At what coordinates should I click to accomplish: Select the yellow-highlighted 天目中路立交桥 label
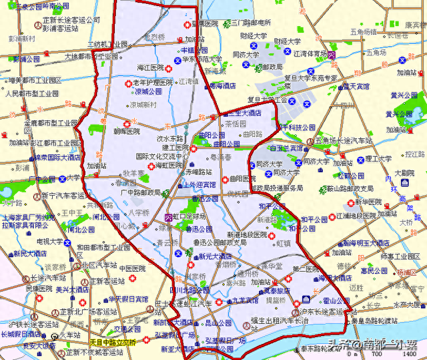click(113, 343)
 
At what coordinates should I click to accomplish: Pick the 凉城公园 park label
click(147, 92)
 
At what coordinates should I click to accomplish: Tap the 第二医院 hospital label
click(307, 268)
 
